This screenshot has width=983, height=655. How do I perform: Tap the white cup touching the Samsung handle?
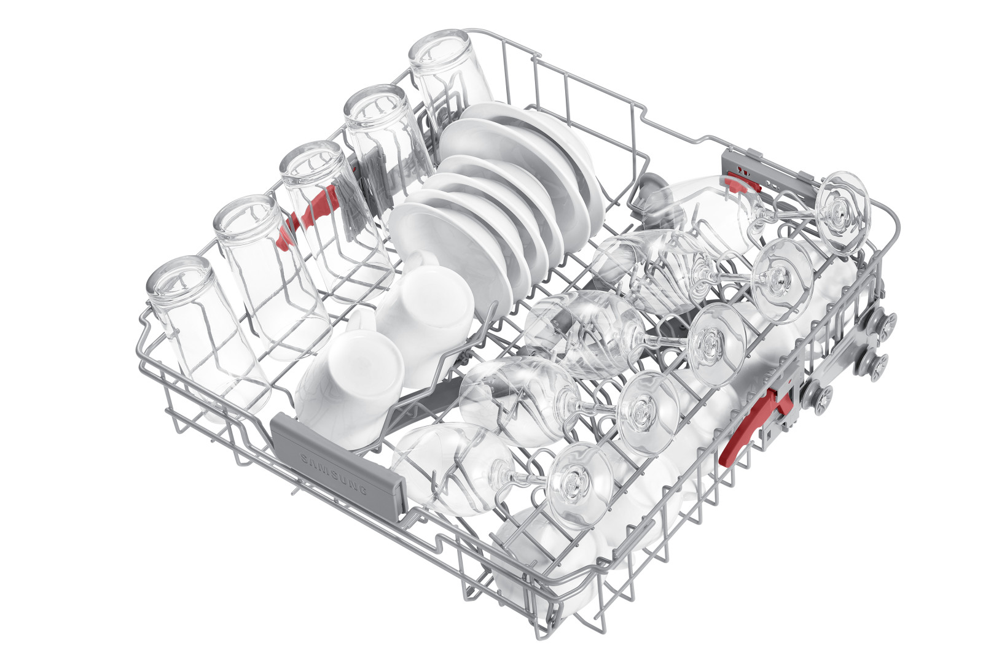coord(349,386)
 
